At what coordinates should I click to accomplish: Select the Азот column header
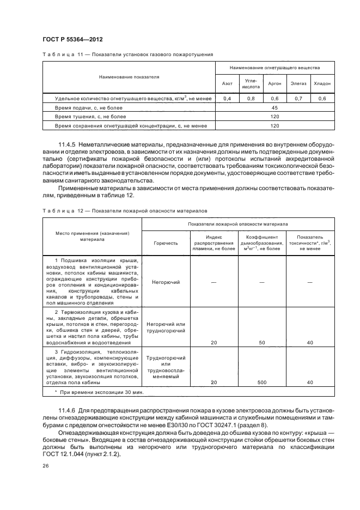227,84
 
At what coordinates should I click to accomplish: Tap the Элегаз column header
298,84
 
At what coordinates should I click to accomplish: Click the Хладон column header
322,84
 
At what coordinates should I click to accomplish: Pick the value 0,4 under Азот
227,99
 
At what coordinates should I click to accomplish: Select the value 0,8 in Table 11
251,99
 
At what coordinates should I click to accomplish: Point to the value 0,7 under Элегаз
298,99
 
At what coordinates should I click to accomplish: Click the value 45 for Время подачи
274,108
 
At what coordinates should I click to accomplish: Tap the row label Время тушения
90,117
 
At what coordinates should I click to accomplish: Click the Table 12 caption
124,210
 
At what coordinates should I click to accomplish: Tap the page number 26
45,466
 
